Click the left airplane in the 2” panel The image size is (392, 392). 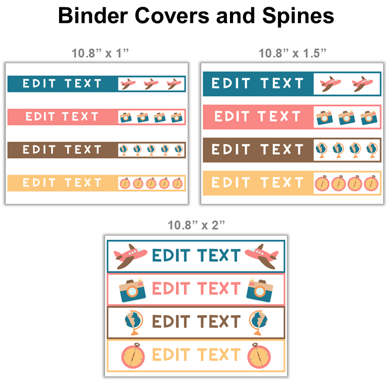click(x=130, y=256)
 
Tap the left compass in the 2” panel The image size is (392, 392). click(x=133, y=355)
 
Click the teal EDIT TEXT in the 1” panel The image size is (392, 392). click(x=62, y=84)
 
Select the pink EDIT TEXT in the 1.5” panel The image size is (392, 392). click(x=258, y=117)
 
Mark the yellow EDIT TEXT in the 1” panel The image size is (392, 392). click(x=62, y=183)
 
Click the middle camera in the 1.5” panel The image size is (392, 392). click(x=346, y=117)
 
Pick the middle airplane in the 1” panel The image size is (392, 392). click(x=151, y=84)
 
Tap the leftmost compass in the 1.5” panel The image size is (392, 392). click(x=322, y=183)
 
